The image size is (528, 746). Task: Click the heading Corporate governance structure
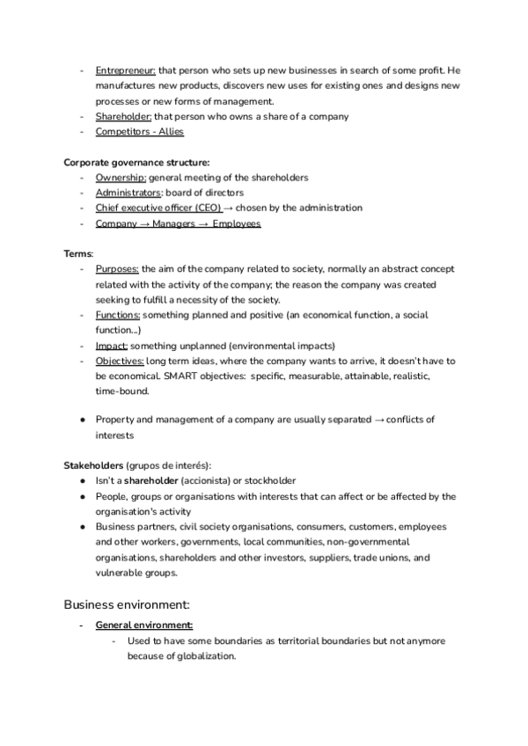click(x=136, y=162)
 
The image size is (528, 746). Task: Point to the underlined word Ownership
click(x=121, y=177)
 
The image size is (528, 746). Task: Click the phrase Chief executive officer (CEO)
click(x=158, y=208)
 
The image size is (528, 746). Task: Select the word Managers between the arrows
click(x=174, y=223)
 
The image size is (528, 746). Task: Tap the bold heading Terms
click(x=77, y=253)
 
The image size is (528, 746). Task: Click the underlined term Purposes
click(x=118, y=269)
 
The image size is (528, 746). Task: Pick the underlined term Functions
click(x=118, y=314)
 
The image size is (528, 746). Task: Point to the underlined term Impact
click(x=112, y=345)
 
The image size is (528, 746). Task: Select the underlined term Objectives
click(x=120, y=361)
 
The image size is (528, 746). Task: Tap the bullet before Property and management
click(x=82, y=421)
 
